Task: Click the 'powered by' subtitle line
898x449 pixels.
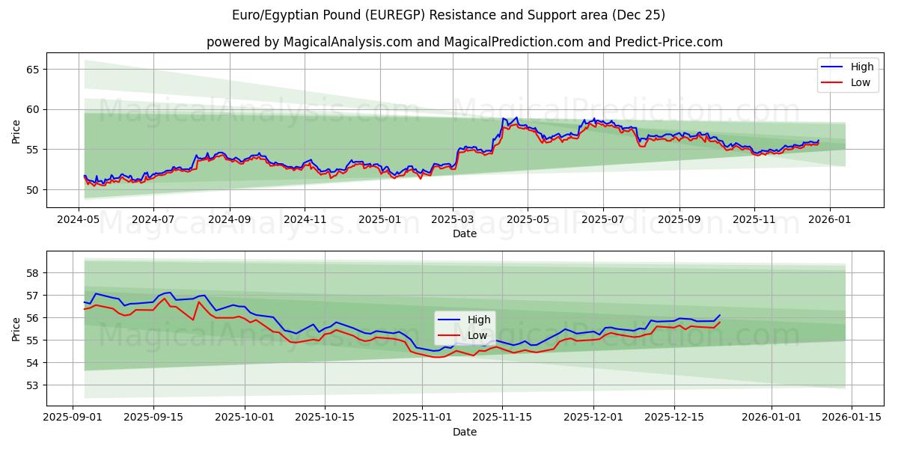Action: pyautogui.click(x=464, y=42)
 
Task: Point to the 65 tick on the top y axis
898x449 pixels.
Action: pyautogui.click(x=33, y=69)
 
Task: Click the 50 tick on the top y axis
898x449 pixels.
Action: pyautogui.click(x=33, y=189)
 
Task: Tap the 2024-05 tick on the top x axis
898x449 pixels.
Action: pyautogui.click(x=79, y=221)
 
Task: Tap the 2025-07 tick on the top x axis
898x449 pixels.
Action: pyautogui.click(x=603, y=221)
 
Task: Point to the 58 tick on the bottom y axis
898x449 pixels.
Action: pyautogui.click(x=33, y=273)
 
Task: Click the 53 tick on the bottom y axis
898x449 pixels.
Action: pyautogui.click(x=33, y=385)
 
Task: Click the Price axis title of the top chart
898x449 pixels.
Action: pyautogui.click(x=16, y=130)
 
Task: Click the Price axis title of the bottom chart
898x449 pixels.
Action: pyautogui.click(x=16, y=329)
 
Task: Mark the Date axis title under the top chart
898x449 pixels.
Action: pyautogui.click(x=464, y=234)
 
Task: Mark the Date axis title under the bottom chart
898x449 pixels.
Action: pyautogui.click(x=464, y=432)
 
